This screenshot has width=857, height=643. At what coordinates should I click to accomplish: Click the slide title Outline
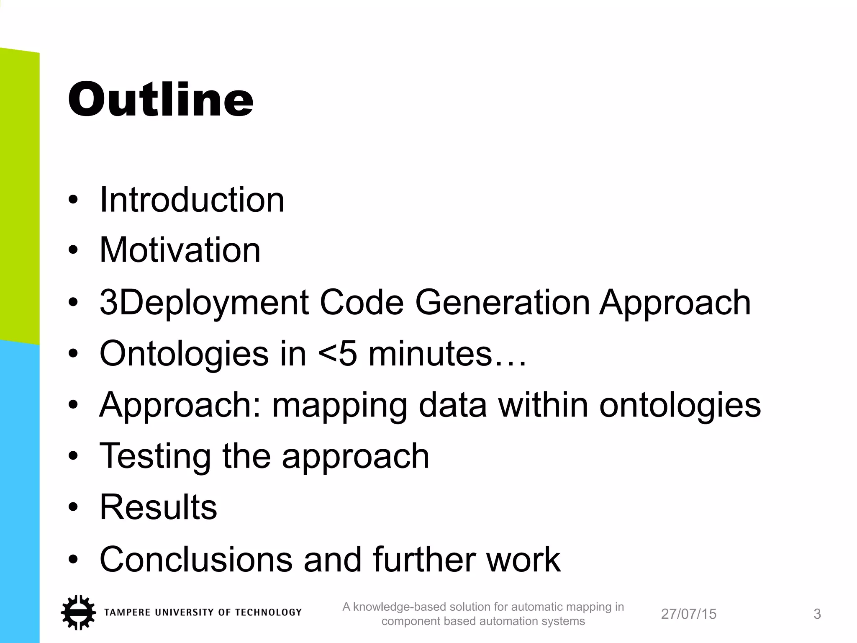[161, 100]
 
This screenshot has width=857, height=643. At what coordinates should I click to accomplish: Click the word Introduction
[192, 200]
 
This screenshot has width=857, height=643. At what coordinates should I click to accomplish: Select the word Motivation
[180, 250]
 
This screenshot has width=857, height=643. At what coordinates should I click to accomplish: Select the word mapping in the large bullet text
[339, 405]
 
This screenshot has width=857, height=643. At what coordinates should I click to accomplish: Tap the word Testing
[155, 456]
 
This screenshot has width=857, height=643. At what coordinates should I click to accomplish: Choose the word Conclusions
[196, 559]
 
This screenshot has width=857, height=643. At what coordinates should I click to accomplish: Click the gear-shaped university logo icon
[78, 612]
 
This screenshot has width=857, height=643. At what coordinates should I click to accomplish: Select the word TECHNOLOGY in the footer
[268, 612]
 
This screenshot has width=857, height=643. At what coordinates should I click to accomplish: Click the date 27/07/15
[688, 614]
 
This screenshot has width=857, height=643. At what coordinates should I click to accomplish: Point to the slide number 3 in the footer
[817, 614]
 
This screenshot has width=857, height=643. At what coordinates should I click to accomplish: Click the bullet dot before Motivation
[73, 250]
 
